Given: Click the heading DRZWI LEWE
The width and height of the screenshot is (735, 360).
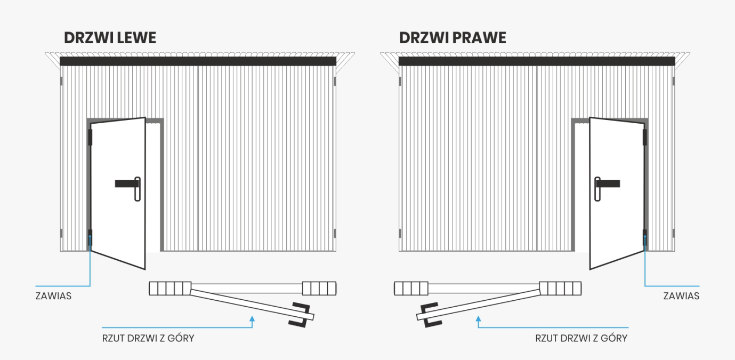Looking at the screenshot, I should click(x=110, y=38).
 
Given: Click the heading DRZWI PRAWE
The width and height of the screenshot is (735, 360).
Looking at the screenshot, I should click(x=453, y=38).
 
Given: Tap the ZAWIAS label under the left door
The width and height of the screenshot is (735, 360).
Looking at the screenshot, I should click(x=53, y=295).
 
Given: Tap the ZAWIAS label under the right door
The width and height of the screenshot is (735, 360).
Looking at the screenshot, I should click(x=681, y=295).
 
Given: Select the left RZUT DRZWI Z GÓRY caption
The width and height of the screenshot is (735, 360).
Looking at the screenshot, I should click(x=148, y=338).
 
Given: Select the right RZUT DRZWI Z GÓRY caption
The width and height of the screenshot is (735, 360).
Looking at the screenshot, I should click(x=581, y=338).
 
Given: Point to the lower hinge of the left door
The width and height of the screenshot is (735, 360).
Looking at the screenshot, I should click(x=90, y=237).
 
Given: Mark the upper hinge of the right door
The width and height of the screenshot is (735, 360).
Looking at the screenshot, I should click(x=645, y=137).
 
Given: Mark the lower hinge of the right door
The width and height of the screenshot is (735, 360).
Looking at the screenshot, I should click(x=645, y=236).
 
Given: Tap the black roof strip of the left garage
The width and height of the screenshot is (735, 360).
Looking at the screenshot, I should click(x=198, y=61).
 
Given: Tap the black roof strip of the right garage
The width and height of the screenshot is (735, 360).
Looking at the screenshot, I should click(x=537, y=61).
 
